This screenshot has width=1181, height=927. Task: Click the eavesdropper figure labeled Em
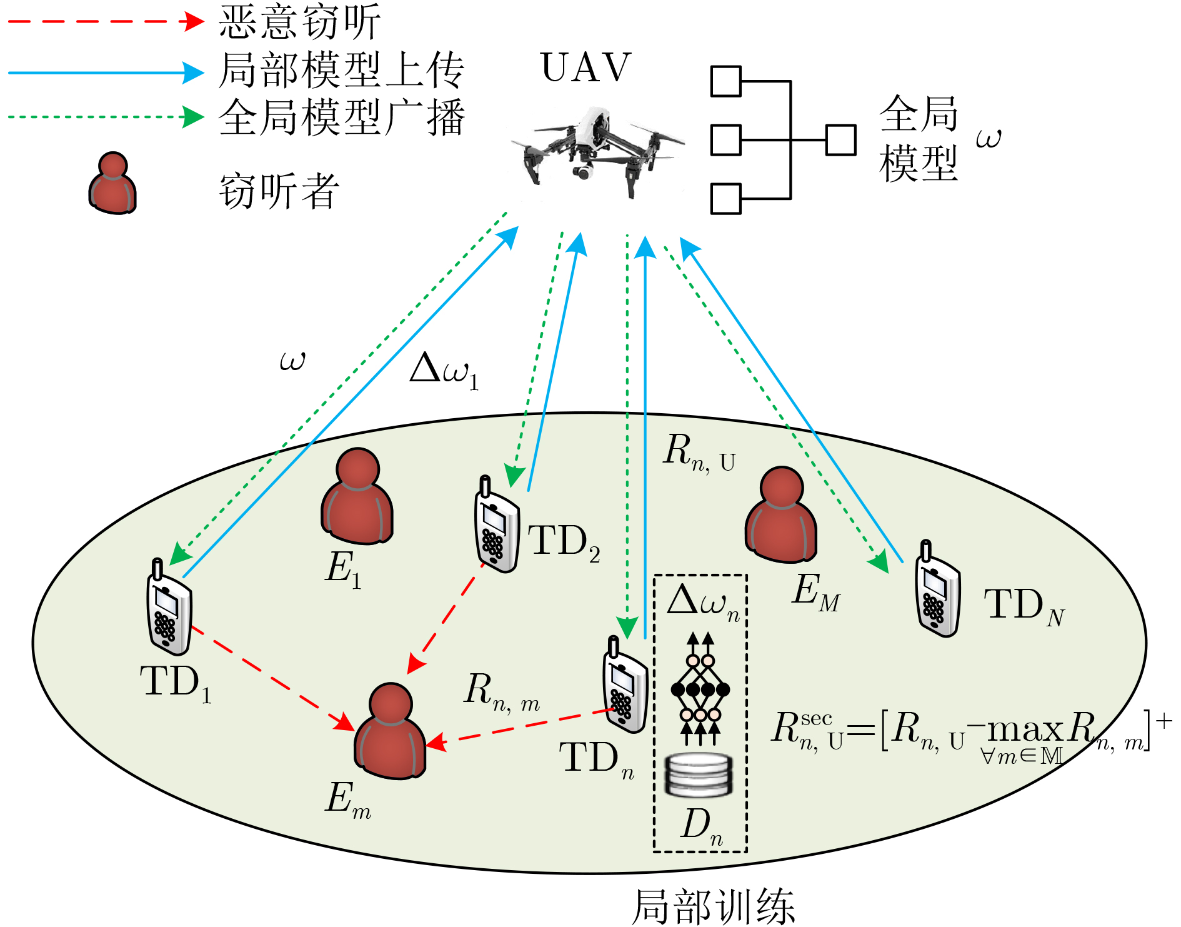coord(390,731)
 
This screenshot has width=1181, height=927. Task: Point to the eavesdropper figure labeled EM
coord(781,514)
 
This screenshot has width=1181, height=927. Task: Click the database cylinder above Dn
coord(699,775)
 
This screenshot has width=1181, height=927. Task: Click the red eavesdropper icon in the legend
coord(112,183)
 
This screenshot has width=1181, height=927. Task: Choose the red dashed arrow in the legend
coord(106,22)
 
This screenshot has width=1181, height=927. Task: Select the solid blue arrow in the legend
coord(106,73)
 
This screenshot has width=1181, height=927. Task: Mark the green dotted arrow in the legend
coord(106,117)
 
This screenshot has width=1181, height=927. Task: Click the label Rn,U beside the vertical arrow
coord(699,453)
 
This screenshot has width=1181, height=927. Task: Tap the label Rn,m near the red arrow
coord(502,692)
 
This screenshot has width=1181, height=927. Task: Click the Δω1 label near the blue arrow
coord(444,371)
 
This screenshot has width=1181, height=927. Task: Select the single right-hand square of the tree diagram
coord(841,140)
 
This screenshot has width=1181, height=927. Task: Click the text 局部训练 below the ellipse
coord(713,906)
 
